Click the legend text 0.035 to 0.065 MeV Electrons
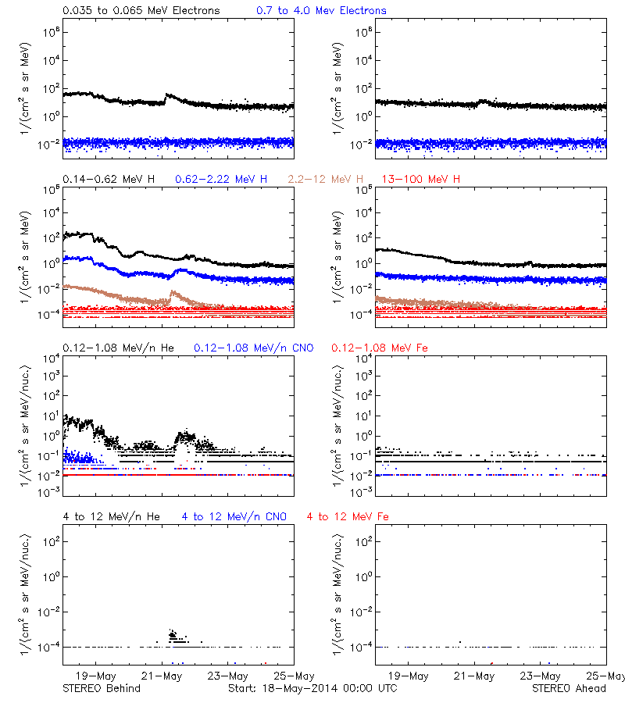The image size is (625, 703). pos(141,10)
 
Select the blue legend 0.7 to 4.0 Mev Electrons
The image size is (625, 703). pos(321,10)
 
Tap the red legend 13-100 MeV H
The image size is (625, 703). pos(420,179)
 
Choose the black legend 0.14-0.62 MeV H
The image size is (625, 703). pos(109,179)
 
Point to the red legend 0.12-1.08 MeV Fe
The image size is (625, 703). pos(376,348)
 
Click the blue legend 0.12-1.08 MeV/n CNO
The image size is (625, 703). pos(253,348)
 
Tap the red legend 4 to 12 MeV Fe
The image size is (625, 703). pos(348,516)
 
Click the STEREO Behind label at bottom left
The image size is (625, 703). pos(102,688)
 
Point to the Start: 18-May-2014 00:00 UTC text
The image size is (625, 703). pos(312,688)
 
